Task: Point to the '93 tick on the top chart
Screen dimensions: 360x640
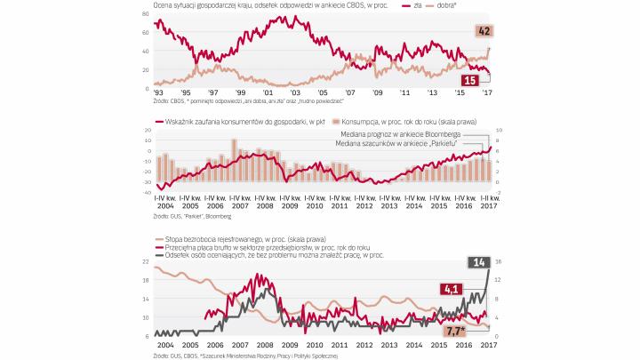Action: click(158, 92)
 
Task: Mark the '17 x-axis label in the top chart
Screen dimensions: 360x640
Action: click(487, 92)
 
